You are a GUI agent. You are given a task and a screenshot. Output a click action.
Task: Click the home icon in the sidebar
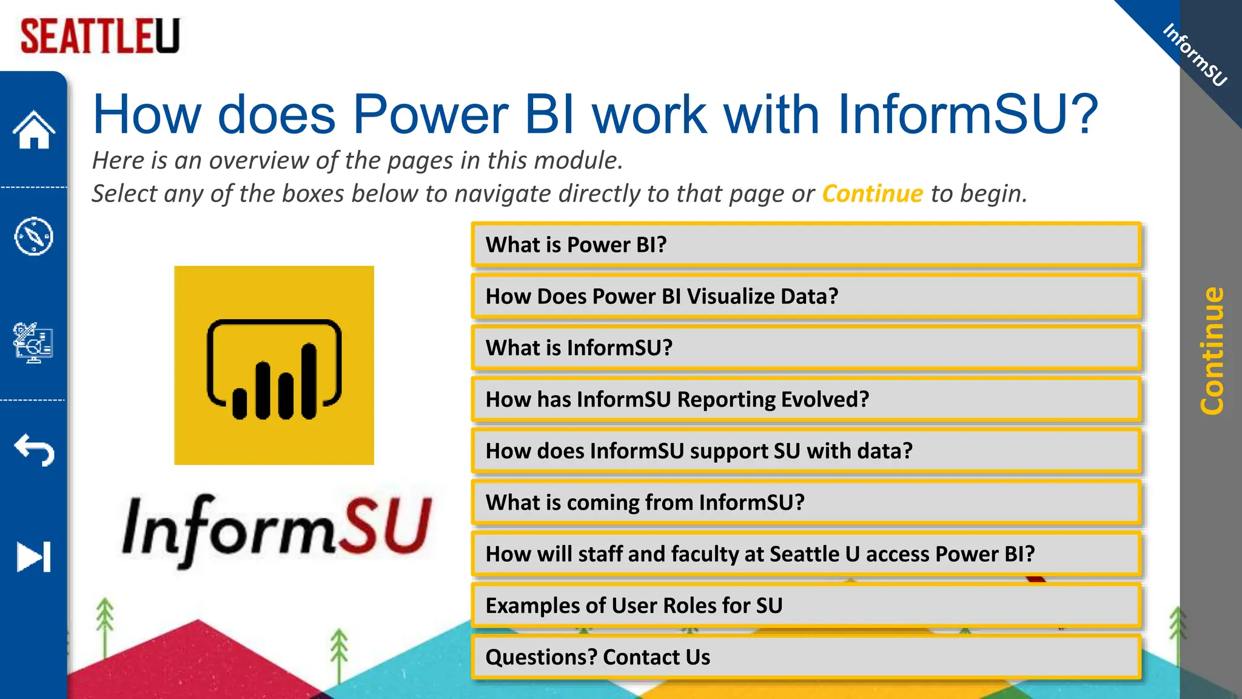34,130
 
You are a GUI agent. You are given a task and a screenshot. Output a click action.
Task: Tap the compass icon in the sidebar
34,236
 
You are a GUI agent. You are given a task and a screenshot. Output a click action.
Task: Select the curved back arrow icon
34,450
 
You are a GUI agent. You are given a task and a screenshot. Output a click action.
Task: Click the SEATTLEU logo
100,36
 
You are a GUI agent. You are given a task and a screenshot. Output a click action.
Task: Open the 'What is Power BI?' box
806,245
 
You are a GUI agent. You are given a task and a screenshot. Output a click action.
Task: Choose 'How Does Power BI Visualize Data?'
806,297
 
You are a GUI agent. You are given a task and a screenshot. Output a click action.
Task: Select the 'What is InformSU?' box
806,348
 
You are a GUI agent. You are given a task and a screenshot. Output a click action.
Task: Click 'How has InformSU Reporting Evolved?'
806,400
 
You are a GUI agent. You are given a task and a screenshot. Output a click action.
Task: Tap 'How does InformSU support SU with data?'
806,451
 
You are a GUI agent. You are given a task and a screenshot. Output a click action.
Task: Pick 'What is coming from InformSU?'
806,503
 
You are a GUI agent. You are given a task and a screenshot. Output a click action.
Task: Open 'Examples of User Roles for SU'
806,606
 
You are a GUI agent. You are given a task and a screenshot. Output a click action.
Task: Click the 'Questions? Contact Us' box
806,657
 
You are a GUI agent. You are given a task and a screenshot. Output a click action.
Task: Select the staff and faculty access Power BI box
806,554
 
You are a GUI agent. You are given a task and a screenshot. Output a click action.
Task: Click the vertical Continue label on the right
1212,351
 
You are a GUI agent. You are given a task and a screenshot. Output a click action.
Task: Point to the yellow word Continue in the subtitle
872,194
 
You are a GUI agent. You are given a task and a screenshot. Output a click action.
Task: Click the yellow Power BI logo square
274,365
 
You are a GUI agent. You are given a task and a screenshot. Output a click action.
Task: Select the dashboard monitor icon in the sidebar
34,343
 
